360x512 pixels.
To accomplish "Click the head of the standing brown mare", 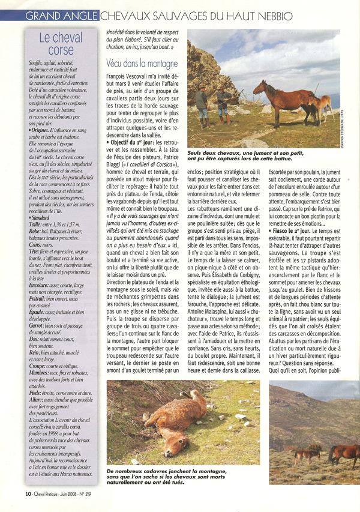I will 259,88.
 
